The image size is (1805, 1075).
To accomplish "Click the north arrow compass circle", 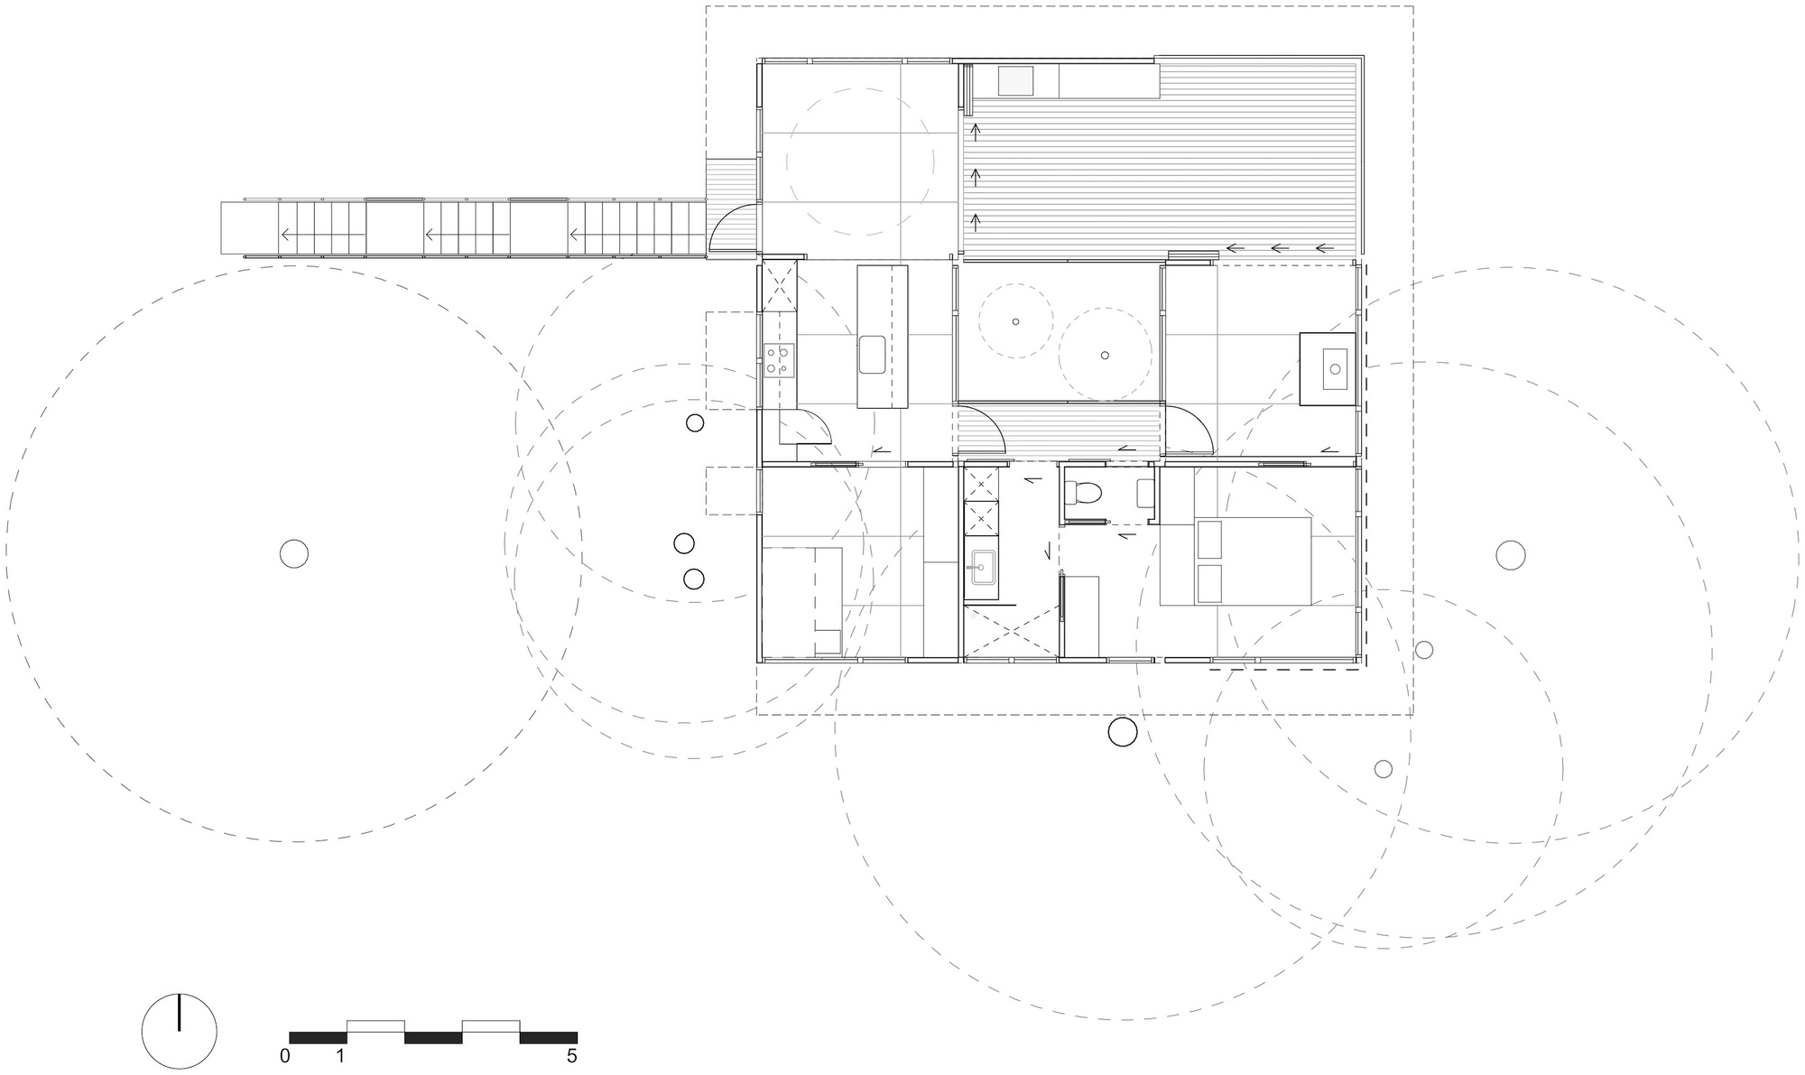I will [x=180, y=1031].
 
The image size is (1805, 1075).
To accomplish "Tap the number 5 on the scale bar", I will [x=572, y=1056].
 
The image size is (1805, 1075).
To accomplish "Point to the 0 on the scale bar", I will [x=285, y=1056].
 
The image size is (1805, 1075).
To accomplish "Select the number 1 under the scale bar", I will [x=341, y=1056].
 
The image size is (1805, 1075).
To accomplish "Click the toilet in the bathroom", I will [x=1082, y=492].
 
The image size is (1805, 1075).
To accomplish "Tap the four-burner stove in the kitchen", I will [x=778, y=358].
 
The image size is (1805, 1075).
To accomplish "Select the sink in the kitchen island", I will [x=873, y=354].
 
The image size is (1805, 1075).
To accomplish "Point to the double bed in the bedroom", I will [x=1235, y=561].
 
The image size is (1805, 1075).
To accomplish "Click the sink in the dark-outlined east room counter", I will [x=1334, y=368].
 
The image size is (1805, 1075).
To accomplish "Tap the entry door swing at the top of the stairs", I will [x=733, y=227].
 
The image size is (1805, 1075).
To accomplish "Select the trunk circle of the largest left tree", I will [x=294, y=552].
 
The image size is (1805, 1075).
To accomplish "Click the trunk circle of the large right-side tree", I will [x=1510, y=555].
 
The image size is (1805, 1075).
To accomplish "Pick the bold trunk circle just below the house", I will [x=1122, y=732].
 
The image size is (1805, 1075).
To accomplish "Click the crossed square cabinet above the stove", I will [x=779, y=285].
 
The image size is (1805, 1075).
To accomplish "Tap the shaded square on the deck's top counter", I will [x=1015, y=81].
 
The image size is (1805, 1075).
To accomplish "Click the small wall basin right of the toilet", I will [x=1144, y=492].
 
